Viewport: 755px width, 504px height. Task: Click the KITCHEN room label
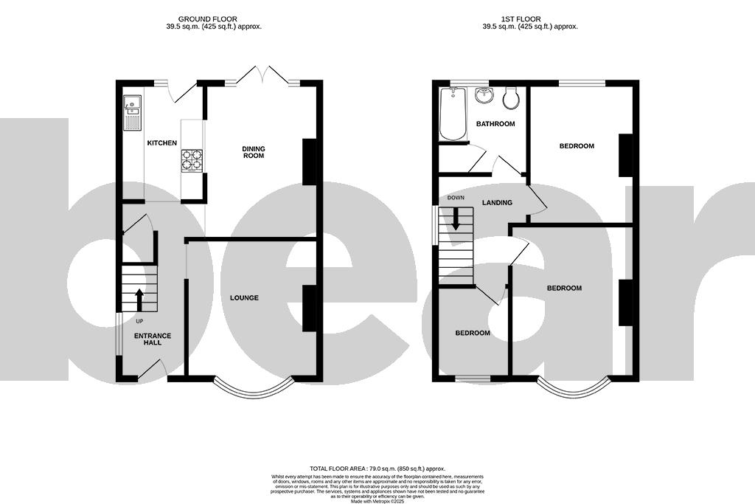161,142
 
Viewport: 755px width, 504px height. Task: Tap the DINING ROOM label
254,152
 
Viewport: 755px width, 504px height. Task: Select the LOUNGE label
244,298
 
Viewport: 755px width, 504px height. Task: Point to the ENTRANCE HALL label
152,339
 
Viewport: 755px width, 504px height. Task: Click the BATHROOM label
495,124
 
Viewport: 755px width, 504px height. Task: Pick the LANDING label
497,202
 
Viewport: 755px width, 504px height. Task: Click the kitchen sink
132,113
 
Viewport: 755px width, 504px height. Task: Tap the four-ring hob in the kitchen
192,161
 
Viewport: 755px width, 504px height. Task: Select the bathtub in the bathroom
453,114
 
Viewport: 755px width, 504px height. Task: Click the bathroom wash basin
484,96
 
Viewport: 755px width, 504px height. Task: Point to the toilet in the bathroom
510,97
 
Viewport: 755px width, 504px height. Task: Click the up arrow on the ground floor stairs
139,300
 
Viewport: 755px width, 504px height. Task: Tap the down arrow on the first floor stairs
456,219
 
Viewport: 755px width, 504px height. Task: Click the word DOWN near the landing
456,199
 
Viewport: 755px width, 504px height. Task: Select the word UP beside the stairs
139,322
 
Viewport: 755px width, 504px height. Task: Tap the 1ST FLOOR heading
530,18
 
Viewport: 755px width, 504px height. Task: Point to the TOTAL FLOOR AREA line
377,469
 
